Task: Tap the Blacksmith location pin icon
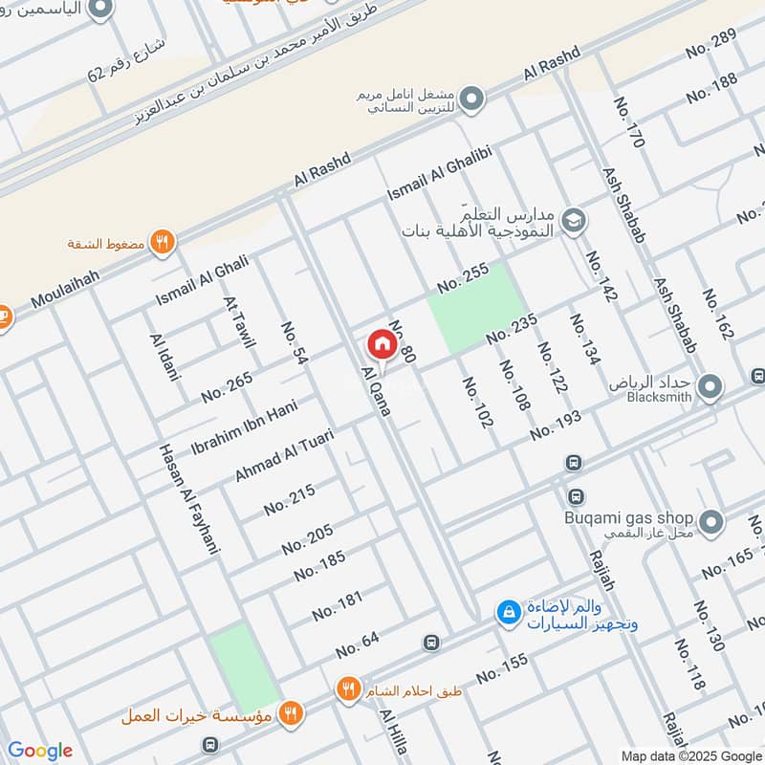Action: click(710, 387)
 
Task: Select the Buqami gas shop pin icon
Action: click(710, 521)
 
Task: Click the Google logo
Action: click(40, 751)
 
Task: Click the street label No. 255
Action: click(464, 277)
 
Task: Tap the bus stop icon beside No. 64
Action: click(431, 643)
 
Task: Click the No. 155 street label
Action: click(502, 667)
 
